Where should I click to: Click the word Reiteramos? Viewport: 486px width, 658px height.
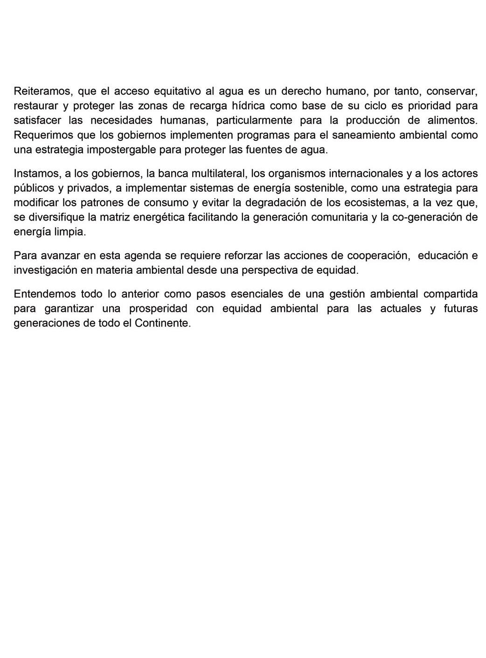point(42,90)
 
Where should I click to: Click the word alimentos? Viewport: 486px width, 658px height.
point(452,120)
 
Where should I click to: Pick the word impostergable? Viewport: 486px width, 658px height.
point(120,150)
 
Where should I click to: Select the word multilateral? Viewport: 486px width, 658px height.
point(218,173)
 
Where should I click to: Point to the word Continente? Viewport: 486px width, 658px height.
point(163,323)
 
